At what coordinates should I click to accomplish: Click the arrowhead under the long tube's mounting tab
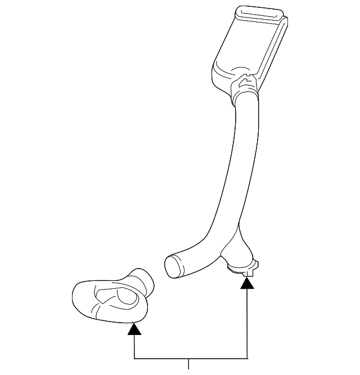click(247, 284)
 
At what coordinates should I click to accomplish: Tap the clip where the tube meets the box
click(245, 85)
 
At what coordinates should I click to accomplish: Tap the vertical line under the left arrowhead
click(134, 346)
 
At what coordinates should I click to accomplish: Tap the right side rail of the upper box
click(276, 48)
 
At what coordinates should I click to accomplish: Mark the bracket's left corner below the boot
click(134, 358)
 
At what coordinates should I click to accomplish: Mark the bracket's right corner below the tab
click(247, 358)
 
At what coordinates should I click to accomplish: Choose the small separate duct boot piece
click(112, 298)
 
